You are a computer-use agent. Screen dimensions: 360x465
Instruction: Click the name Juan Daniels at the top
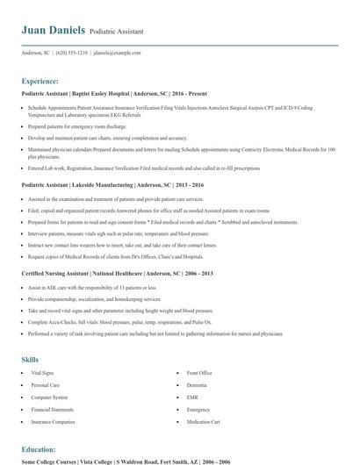(53, 30)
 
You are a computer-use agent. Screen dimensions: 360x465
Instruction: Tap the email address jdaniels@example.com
(117, 53)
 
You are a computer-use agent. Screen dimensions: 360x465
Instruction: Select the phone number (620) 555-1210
(71, 53)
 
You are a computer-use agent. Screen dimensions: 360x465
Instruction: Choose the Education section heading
(40, 447)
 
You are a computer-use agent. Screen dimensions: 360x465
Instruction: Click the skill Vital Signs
(43, 373)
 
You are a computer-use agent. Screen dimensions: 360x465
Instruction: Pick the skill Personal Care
(46, 384)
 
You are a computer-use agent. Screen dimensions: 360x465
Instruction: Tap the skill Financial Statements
(52, 409)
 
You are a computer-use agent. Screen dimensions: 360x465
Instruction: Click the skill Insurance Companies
(53, 421)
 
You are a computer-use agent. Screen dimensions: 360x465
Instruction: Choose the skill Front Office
(199, 373)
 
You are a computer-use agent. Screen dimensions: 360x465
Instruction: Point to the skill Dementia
(197, 384)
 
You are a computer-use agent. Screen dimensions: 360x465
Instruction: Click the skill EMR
(192, 397)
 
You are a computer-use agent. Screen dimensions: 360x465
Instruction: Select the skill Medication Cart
(203, 421)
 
